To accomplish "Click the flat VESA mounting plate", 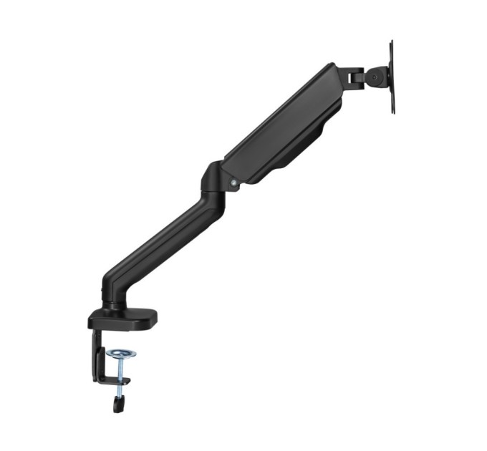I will [391, 77].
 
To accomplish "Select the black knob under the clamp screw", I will [117, 403].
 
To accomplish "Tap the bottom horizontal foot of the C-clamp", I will [113, 381].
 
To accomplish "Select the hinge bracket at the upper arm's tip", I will [350, 75].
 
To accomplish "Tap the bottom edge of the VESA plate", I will [392, 111].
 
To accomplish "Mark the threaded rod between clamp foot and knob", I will [118, 391].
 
